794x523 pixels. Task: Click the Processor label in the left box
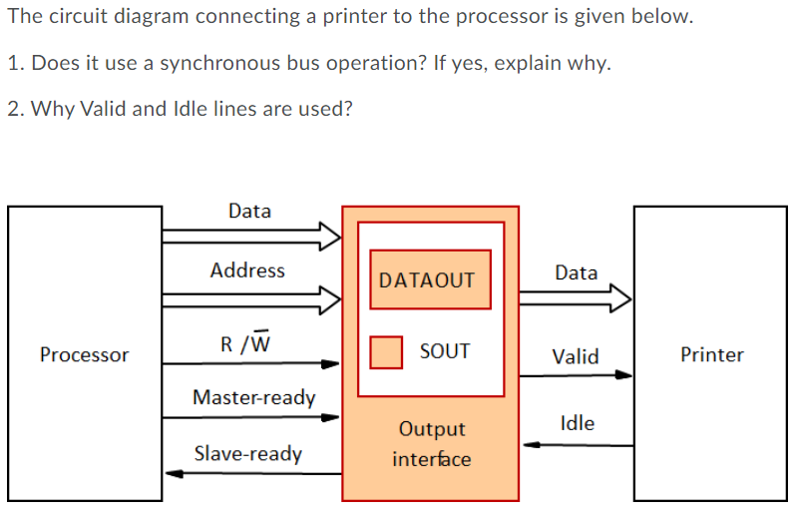84,355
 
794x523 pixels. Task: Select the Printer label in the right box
711,355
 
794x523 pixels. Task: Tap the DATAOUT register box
427,280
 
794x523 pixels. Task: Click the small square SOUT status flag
385,351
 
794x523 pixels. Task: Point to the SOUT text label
444,351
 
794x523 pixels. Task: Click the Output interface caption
431,444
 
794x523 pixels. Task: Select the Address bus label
247,270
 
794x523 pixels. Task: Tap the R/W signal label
244,344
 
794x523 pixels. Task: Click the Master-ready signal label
253,397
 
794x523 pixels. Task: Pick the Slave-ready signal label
247,453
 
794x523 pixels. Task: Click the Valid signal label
576,356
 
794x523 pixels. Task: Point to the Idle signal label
578,423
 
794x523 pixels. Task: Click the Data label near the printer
576,272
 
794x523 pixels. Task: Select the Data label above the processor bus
248,211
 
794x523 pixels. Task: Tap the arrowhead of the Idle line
532,445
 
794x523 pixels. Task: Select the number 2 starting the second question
12,108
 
